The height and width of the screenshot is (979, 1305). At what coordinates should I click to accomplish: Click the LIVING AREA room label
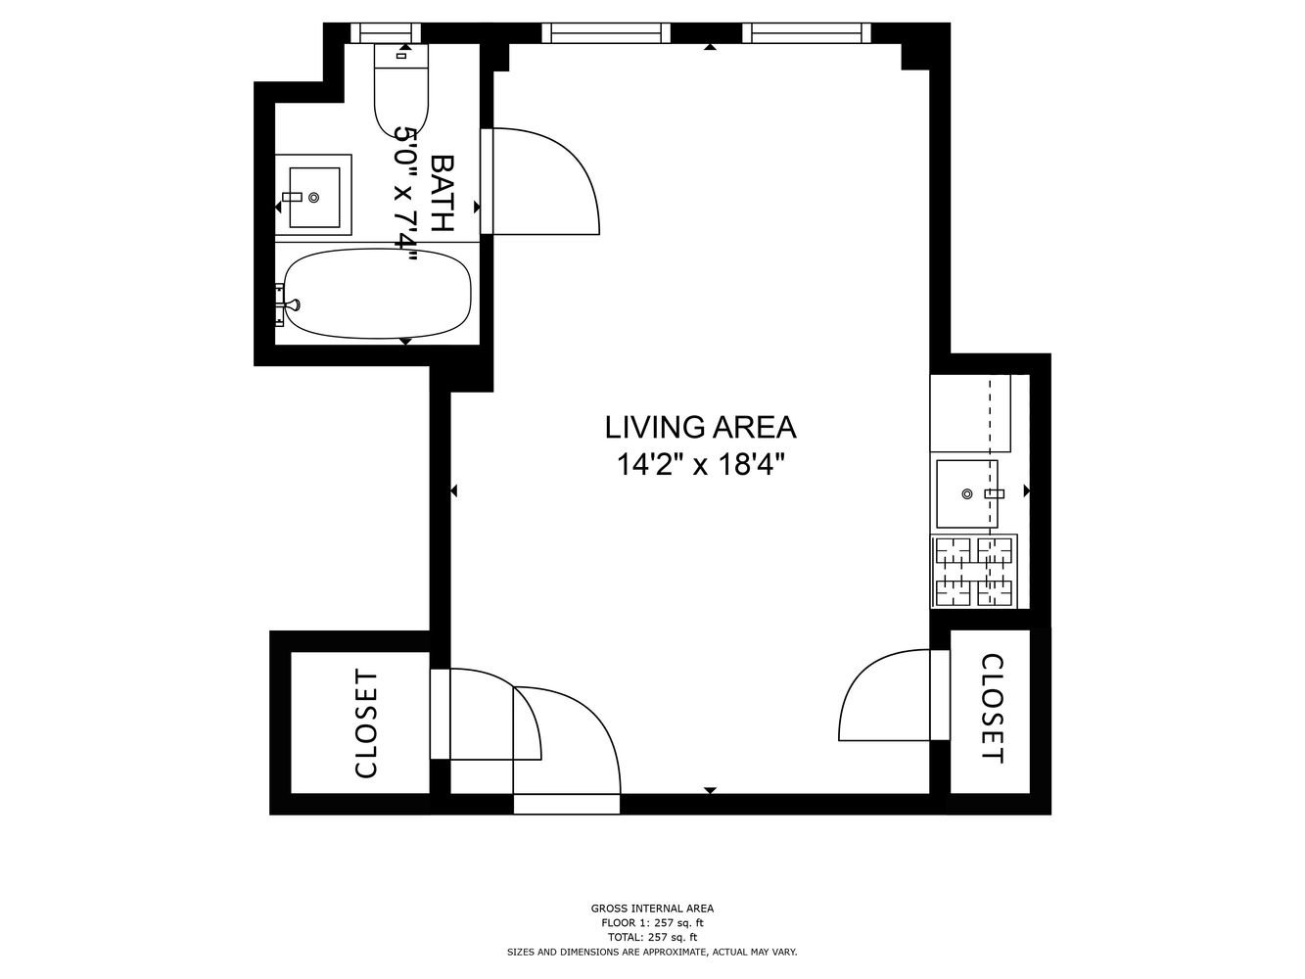pos(700,428)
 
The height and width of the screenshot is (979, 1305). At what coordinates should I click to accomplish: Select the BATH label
pos(443,193)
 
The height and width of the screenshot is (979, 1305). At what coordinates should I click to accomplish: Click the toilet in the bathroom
pos(401,91)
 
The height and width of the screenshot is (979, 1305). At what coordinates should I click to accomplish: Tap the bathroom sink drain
pos(314,198)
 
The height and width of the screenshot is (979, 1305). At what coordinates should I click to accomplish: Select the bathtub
pos(378,294)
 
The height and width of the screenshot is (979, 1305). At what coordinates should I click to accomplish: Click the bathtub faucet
pos(289,304)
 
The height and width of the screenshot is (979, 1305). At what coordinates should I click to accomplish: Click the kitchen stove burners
pos(973,571)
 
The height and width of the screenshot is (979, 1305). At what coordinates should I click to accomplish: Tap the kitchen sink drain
pos(966,493)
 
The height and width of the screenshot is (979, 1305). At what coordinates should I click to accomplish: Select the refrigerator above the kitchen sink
pos(970,413)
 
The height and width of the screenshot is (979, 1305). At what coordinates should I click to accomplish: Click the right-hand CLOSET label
pos(992,709)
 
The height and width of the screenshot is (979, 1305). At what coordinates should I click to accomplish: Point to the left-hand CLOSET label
pos(366,724)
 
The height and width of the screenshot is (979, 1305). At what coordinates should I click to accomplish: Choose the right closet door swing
pos(885,695)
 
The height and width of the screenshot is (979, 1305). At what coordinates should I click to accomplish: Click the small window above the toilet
pos(386,32)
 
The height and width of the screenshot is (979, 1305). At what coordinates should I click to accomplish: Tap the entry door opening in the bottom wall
pos(567,804)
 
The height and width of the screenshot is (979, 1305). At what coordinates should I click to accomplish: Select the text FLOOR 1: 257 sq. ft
pos(652,923)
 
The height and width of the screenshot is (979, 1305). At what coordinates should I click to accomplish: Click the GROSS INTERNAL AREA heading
pos(652,909)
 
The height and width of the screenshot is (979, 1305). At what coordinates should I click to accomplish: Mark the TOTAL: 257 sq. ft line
pos(652,937)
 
